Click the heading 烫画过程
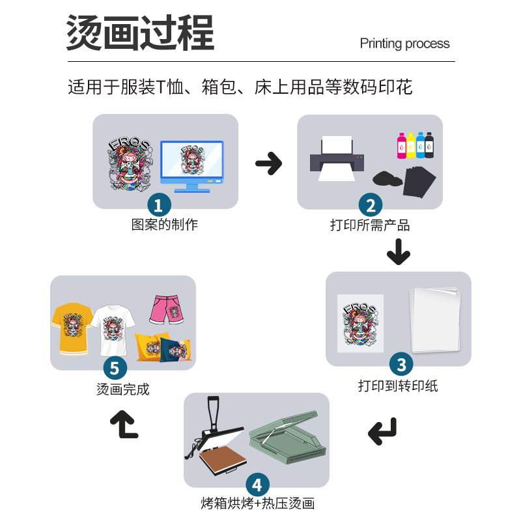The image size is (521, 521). (140, 34)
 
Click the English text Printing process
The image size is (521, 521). (404, 44)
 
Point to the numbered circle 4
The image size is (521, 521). (257, 485)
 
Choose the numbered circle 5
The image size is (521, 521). (115, 368)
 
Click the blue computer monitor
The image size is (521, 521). (192, 164)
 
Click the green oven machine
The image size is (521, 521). (287, 441)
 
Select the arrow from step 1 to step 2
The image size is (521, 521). (268, 163)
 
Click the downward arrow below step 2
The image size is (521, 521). (398, 251)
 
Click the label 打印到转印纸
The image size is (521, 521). (398, 386)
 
